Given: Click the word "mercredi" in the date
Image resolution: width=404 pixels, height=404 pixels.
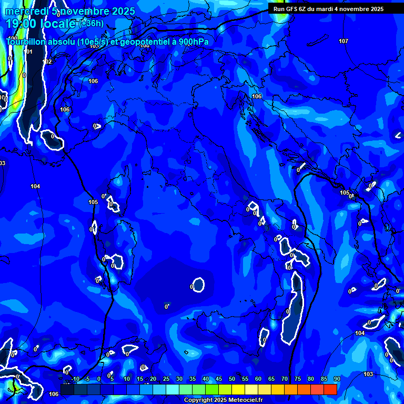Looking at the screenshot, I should [25, 11].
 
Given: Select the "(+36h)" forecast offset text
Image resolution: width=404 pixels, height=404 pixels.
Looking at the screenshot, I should [92, 23].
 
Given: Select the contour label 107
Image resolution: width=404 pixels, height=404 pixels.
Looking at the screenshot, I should [344, 41].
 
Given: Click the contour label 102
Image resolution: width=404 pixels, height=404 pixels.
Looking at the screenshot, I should [48, 62].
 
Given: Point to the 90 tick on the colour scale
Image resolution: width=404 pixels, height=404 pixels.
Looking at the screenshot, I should [337, 379].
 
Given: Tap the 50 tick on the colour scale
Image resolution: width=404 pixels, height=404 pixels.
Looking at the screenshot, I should [232, 379].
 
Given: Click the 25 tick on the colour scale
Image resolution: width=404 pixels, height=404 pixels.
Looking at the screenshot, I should [166, 379].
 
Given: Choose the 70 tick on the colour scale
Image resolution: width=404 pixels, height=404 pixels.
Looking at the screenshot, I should [285, 379].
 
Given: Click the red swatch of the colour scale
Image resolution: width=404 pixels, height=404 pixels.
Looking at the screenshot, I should [330, 389].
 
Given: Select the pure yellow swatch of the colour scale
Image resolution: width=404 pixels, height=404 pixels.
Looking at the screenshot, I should [238, 389].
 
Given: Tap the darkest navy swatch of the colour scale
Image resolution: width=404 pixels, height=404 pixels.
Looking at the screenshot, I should [67, 389].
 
